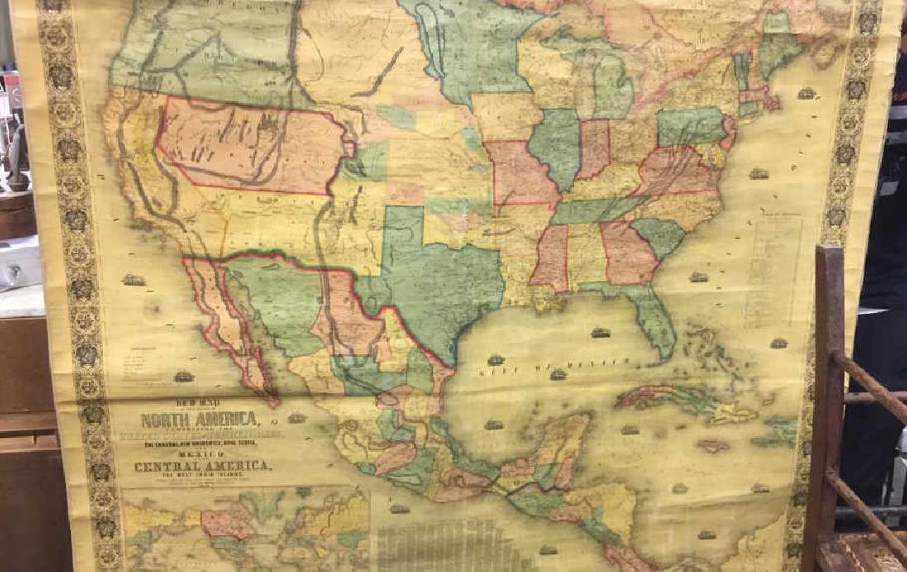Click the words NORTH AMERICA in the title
click(199, 420)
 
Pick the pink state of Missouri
click(519, 173)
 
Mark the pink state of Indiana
click(594, 148)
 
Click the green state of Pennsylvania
click(691, 126)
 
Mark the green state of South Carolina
click(660, 236)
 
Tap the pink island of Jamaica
click(712, 445)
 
